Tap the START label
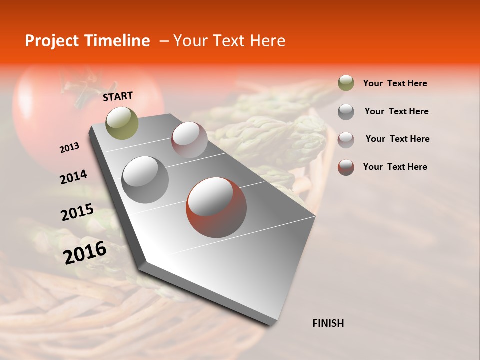tap(118, 96)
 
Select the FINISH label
tap(328, 323)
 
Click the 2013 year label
tap(69, 148)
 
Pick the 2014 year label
tap(73, 177)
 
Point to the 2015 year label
tap(77, 212)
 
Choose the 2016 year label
tap(85, 252)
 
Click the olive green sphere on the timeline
tap(122, 123)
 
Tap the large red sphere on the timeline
tap(216, 207)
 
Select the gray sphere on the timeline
tap(145, 179)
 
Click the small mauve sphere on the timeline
tap(189, 139)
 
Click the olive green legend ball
tap(346, 83)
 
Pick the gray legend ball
tap(346, 111)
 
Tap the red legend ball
tap(346, 167)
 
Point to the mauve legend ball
tap(346, 139)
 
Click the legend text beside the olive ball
tap(395, 83)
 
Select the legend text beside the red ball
tap(395, 167)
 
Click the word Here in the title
tap(267, 41)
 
